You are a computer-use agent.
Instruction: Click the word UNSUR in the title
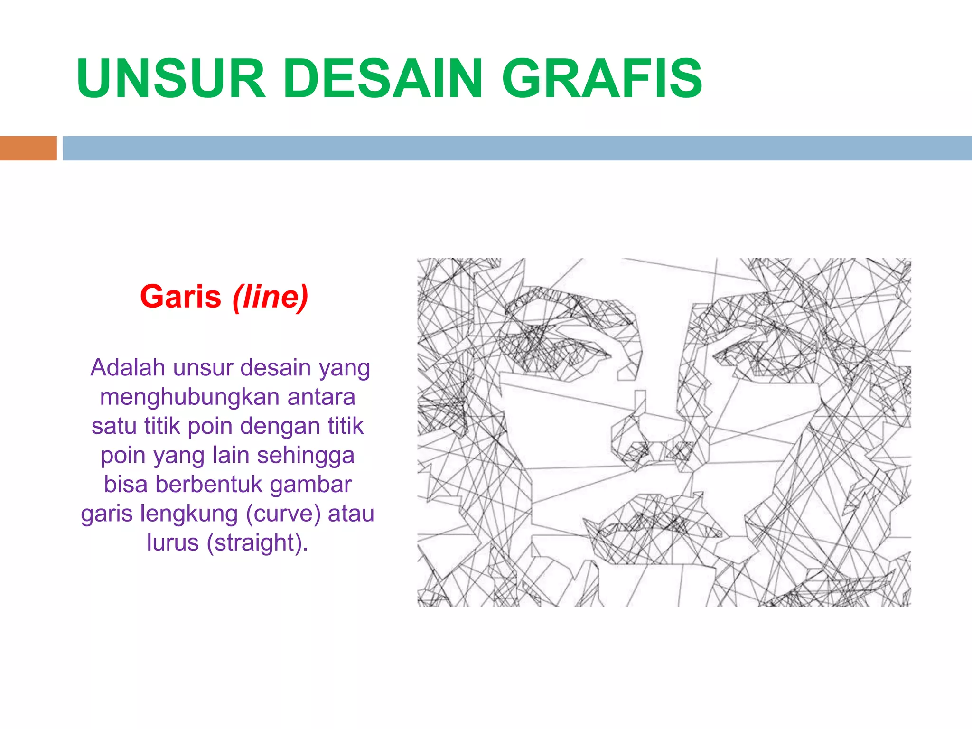click(x=171, y=78)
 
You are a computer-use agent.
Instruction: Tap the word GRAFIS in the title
click(x=602, y=78)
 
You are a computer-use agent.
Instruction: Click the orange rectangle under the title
click(x=28, y=148)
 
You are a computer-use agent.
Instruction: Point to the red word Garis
click(x=181, y=297)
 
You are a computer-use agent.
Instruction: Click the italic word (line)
click(x=270, y=298)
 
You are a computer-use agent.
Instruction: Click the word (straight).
click(x=257, y=543)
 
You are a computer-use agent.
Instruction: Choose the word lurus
click(x=172, y=543)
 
